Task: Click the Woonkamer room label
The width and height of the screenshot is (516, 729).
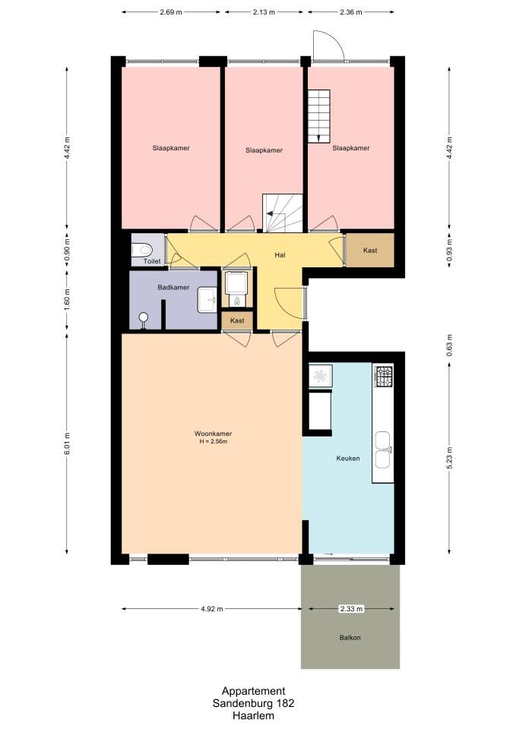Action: (213, 434)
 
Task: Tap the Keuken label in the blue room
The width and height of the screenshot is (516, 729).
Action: (348, 459)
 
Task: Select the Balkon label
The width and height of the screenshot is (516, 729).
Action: (350, 638)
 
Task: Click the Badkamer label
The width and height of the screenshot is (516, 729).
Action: (173, 287)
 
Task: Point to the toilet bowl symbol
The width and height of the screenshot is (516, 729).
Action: (141, 250)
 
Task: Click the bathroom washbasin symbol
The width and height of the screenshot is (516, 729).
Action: (207, 300)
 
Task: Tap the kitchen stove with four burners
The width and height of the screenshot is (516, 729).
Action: (385, 377)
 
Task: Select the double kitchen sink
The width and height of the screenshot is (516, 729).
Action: (383, 450)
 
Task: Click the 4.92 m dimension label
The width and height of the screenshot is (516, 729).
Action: (212, 609)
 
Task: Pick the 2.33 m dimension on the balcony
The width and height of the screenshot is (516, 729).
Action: (351, 608)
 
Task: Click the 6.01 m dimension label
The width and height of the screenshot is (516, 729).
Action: (67, 443)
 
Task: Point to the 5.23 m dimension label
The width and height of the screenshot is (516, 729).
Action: (449, 459)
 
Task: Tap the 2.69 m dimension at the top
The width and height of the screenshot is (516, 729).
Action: (171, 12)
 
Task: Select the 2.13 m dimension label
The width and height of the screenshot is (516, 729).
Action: (264, 12)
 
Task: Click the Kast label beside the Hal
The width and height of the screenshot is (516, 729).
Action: (370, 251)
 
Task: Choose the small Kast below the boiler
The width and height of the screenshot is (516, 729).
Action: (237, 320)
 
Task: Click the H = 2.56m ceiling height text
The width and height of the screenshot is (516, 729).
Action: (213, 442)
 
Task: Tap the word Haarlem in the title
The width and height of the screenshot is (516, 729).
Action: (254, 716)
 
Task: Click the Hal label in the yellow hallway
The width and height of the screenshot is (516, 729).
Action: (280, 255)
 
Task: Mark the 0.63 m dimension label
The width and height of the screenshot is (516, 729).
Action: (449, 346)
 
